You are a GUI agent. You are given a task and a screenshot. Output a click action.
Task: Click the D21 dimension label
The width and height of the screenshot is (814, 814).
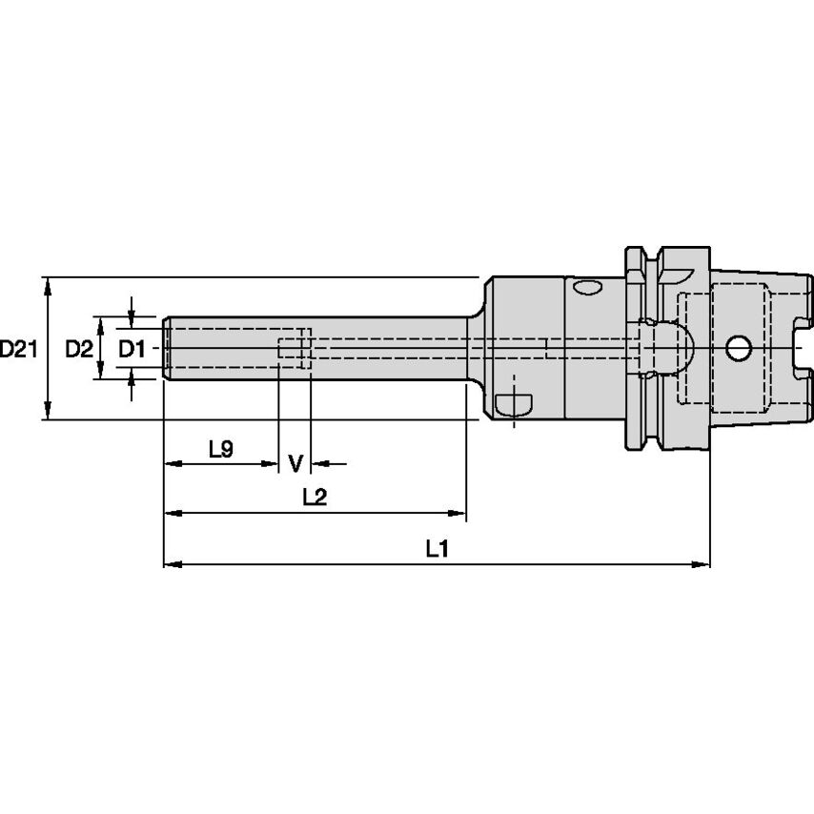pyautogui.click(x=18, y=350)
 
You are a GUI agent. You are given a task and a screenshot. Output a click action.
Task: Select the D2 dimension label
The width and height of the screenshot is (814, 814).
pyautogui.click(x=78, y=350)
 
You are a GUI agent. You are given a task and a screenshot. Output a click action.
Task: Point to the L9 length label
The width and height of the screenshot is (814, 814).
pyautogui.click(x=220, y=448)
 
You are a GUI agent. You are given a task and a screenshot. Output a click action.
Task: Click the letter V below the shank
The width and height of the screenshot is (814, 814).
pyautogui.click(x=295, y=464)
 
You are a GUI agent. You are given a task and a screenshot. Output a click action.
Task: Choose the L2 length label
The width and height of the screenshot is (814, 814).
pyautogui.click(x=315, y=497)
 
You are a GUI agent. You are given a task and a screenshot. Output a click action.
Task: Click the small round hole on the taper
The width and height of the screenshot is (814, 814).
pyautogui.click(x=737, y=349)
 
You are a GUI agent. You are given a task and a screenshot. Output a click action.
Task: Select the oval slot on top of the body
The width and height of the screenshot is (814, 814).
pyautogui.click(x=585, y=286)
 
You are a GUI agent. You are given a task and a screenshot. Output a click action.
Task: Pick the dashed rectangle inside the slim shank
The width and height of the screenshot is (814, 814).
pyautogui.click(x=295, y=349)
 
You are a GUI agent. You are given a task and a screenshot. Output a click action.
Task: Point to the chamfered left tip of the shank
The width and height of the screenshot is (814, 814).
pyautogui.click(x=166, y=349)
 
